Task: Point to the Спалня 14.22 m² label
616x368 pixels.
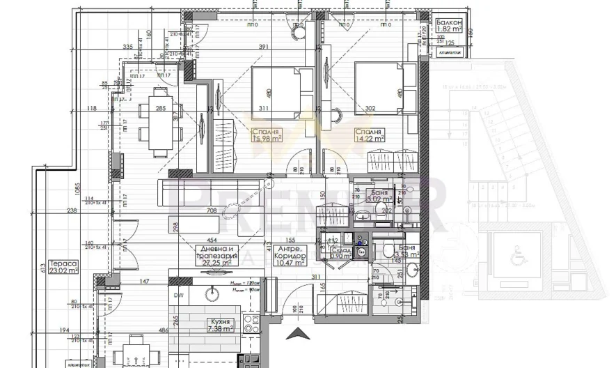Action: tap(369, 135)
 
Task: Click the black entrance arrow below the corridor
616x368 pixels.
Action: tap(299, 335)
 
